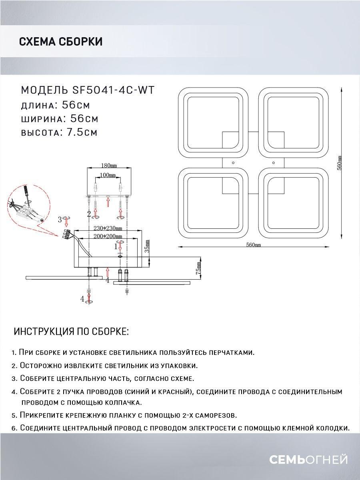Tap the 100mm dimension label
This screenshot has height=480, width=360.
[108, 175]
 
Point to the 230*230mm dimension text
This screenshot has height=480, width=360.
[107, 228]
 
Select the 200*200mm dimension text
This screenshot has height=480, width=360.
[107, 237]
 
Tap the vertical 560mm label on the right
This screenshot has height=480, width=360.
[339, 164]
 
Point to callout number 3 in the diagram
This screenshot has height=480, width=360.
[60, 219]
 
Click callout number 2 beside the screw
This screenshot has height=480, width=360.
[89, 213]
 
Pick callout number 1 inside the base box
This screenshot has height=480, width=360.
[116, 247]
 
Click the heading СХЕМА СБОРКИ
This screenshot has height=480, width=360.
[60, 42]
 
